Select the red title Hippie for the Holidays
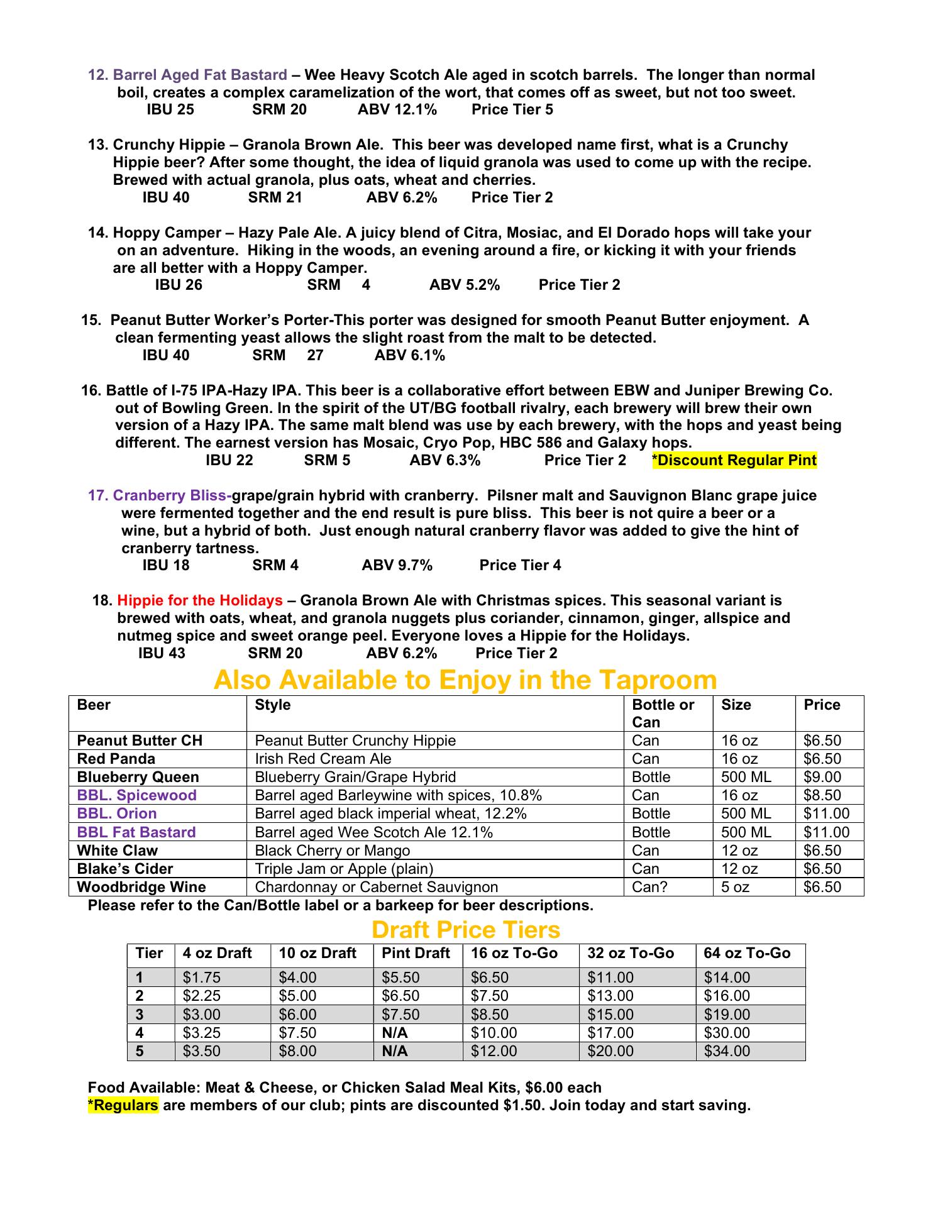(x=199, y=600)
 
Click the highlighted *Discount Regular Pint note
(x=734, y=460)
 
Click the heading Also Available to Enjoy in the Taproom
(x=465, y=680)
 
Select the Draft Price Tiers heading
(x=465, y=930)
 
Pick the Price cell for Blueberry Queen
(x=822, y=777)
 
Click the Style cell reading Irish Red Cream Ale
(x=323, y=759)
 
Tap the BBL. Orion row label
(x=116, y=813)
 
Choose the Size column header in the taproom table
(x=736, y=705)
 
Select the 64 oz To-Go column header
(x=746, y=954)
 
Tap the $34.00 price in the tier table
(x=727, y=1051)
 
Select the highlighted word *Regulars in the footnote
(x=123, y=1105)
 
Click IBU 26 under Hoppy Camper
(x=179, y=285)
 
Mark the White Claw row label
(x=117, y=851)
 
